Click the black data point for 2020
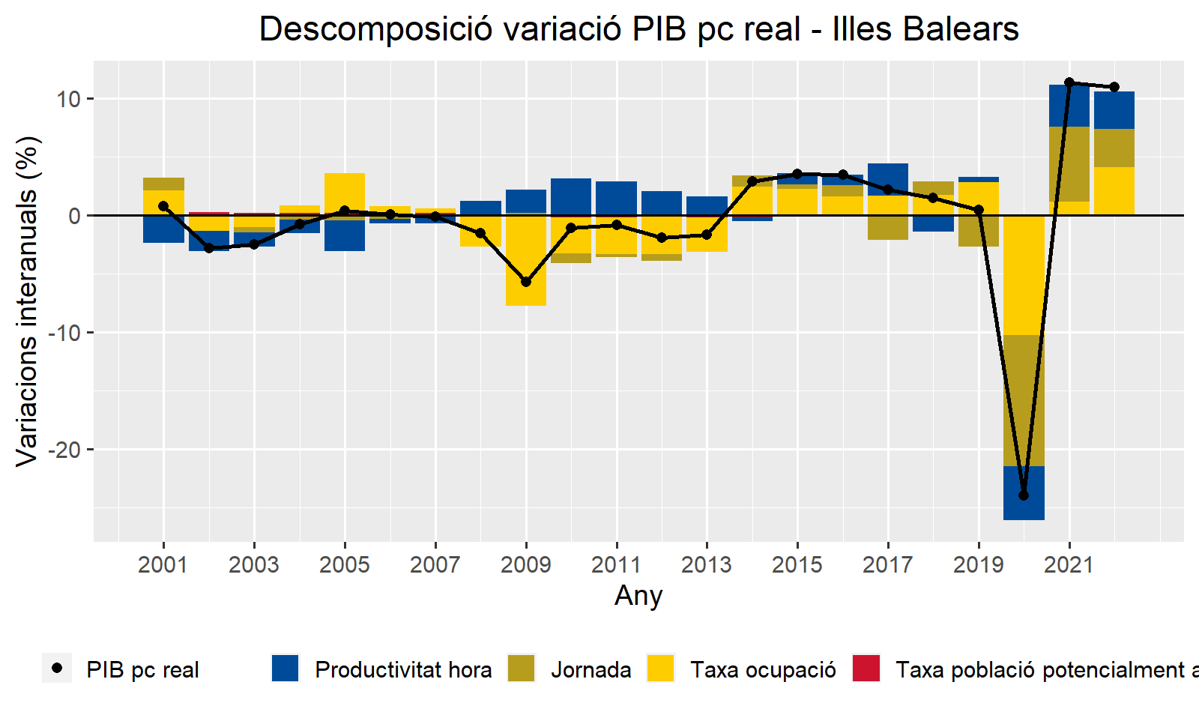click(1024, 495)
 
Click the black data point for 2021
click(1069, 82)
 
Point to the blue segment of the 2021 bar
click(1069, 106)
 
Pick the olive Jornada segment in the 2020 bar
click(1024, 400)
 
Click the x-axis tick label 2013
click(707, 564)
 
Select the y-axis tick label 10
click(68, 99)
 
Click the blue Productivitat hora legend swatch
click(285, 669)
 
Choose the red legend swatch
click(866, 669)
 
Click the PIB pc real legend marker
click(57, 669)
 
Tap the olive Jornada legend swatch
click(522, 669)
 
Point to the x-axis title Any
click(638, 596)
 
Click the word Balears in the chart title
click(961, 29)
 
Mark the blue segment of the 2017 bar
click(888, 179)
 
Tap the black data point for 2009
click(526, 282)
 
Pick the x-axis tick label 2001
click(163, 564)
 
